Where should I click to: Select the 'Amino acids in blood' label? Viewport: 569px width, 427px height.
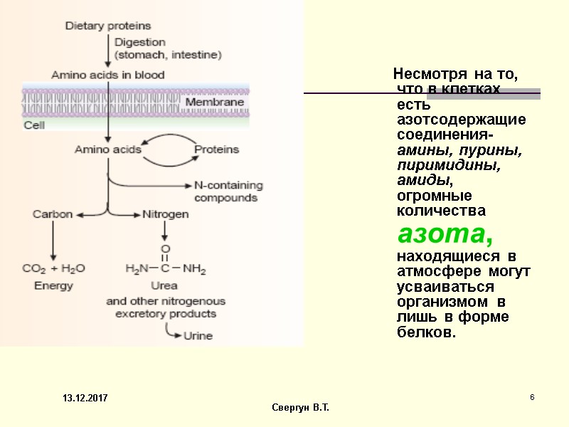point(107,75)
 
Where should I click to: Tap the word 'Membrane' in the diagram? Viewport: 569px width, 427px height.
point(215,102)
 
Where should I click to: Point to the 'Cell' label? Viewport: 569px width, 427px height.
point(34,125)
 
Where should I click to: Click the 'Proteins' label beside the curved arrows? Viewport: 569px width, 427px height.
point(217,149)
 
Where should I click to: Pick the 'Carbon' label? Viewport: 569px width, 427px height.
point(53,213)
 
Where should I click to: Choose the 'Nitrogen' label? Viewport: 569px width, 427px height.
point(166,213)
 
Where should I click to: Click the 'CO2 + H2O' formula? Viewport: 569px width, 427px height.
point(53,269)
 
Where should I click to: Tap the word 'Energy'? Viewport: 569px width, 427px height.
point(53,286)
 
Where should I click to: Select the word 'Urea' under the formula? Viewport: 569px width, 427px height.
point(164,286)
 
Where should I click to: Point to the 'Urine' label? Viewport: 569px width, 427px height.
point(198,336)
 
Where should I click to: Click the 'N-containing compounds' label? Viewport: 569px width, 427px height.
point(228,191)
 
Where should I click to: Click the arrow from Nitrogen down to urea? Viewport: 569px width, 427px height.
point(165,230)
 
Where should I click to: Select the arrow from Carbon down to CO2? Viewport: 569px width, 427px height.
point(53,238)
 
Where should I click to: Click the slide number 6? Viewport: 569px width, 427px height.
point(531,396)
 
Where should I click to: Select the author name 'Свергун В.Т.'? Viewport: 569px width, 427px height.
point(301,407)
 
